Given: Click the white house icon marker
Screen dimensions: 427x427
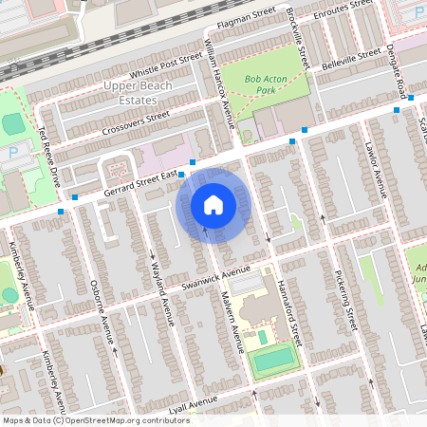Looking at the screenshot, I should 213,205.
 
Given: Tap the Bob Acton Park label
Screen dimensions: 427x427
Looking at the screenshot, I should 264,85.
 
